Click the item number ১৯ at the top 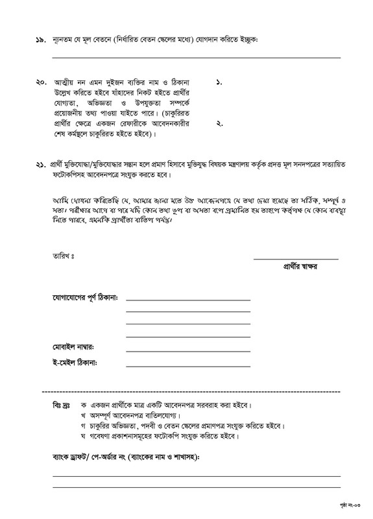[x=38, y=40]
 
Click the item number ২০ [x=38, y=84]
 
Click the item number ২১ [x=38, y=165]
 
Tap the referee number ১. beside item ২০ [x=219, y=84]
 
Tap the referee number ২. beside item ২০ [x=219, y=123]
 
